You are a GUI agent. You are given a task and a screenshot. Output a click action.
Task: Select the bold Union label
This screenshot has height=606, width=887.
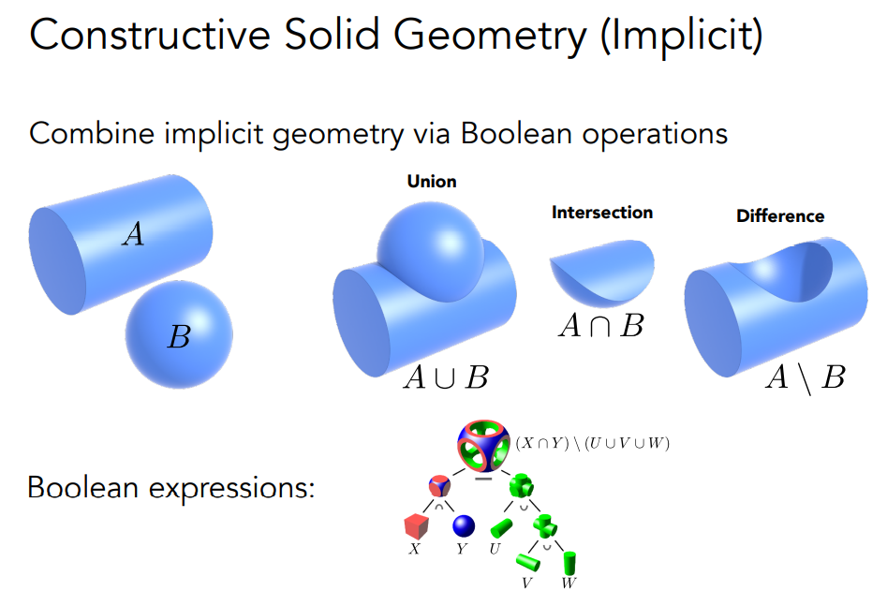point(432,182)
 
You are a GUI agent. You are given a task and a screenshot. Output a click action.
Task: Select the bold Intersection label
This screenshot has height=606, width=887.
point(602,213)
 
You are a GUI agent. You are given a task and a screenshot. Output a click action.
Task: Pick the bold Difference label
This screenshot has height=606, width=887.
point(780,216)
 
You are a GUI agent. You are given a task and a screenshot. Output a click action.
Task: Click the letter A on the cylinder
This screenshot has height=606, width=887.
point(134,234)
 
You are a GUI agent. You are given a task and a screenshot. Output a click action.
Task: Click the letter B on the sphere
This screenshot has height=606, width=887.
point(178,337)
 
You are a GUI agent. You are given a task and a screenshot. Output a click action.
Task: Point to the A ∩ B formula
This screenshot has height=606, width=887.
point(600,326)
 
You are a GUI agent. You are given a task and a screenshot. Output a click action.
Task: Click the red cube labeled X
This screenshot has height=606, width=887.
point(414,528)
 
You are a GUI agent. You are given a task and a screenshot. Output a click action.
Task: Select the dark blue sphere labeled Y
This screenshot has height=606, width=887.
point(462,527)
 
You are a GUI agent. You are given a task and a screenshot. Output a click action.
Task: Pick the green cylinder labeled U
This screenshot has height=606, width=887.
point(501,530)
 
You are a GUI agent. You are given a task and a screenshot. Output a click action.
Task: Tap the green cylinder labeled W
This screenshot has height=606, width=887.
point(569,564)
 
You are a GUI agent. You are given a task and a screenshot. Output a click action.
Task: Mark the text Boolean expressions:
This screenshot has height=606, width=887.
point(170,488)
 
